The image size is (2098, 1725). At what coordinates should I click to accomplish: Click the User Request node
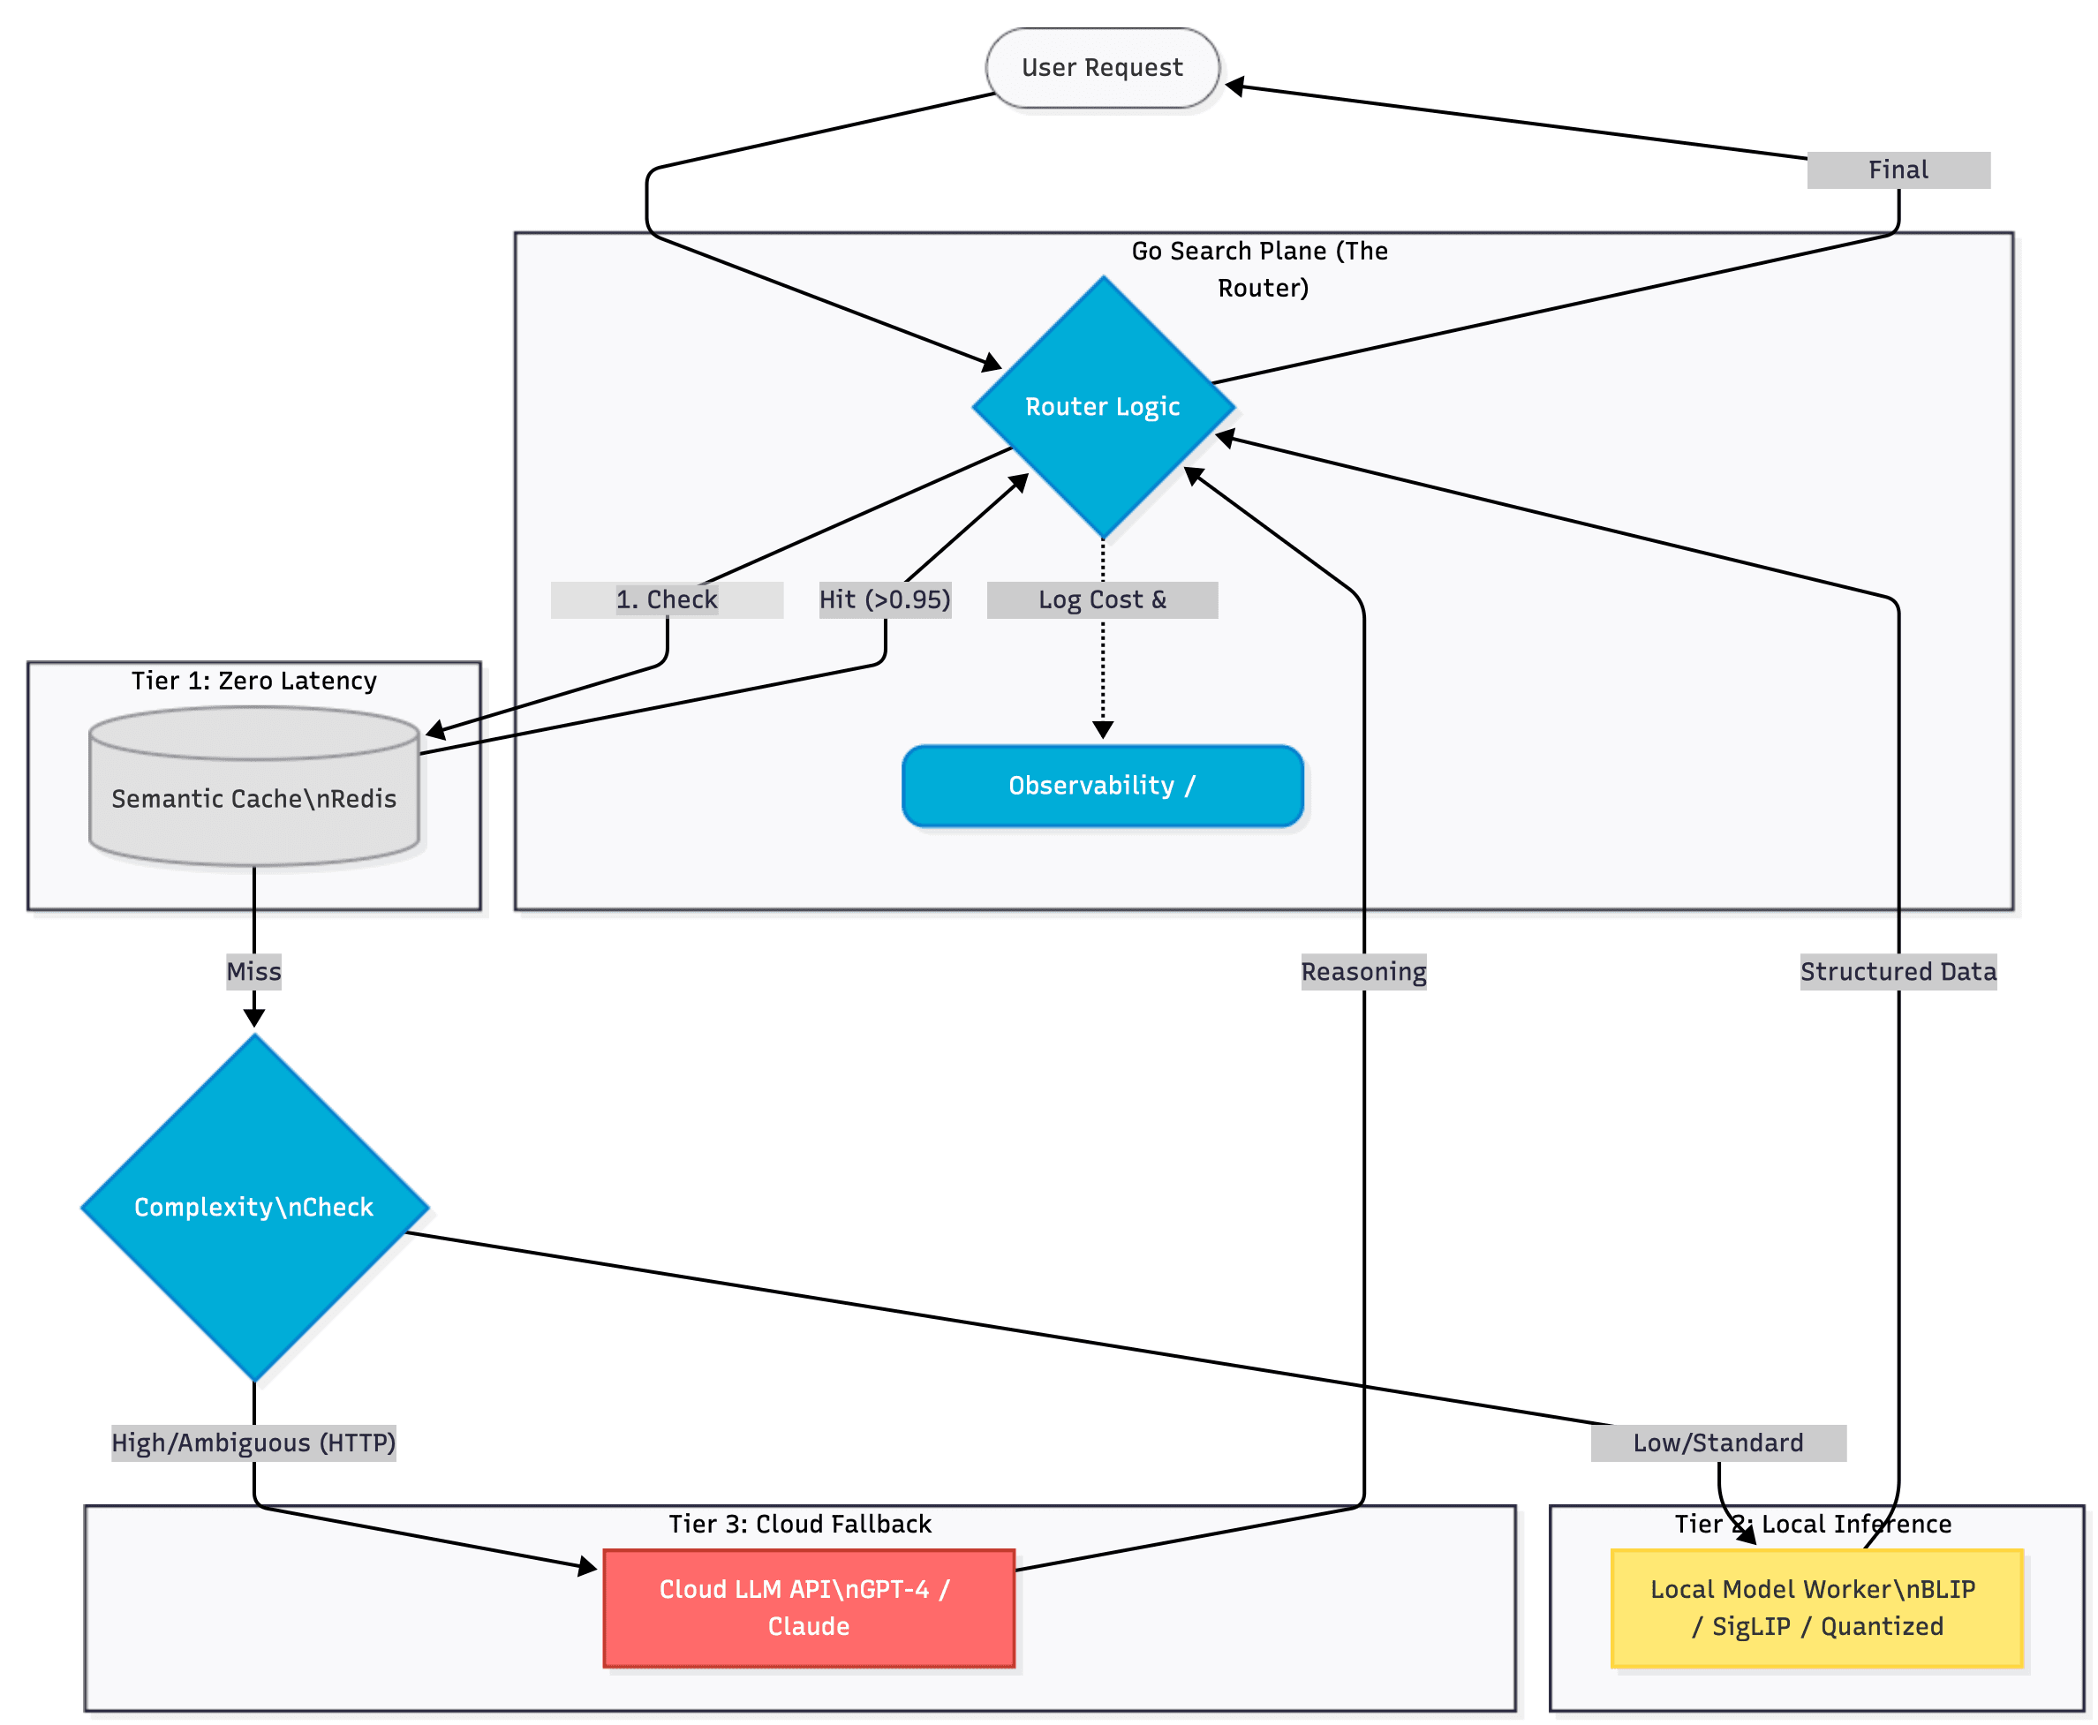[x=1101, y=68]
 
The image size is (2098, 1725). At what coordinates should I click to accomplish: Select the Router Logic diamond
[x=1101, y=406]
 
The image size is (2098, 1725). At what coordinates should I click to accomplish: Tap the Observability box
[x=1101, y=785]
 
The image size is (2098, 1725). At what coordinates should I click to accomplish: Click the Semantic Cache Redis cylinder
[x=253, y=798]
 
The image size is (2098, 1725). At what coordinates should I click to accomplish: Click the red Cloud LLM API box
[x=808, y=1607]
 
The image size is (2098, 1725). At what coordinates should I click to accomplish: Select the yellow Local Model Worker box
[x=1815, y=1607]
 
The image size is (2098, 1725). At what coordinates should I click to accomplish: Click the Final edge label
[x=1897, y=169]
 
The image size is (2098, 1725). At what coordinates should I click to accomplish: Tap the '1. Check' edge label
[x=666, y=599]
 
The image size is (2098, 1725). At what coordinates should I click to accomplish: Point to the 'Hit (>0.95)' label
[x=884, y=599]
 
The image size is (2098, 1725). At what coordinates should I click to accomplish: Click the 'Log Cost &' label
[x=1101, y=599]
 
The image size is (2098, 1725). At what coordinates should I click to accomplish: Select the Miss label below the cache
[x=253, y=971]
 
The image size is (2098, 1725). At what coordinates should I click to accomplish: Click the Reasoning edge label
[x=1362, y=971]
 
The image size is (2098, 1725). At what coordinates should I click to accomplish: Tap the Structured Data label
[x=1897, y=971]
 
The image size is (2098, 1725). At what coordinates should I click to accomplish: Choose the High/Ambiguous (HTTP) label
[x=253, y=1442]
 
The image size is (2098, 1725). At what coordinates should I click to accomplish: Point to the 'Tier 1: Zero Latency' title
[x=253, y=681]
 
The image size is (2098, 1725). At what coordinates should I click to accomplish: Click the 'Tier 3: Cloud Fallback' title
[x=799, y=1524]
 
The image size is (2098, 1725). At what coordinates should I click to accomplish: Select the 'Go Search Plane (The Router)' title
[x=1261, y=268]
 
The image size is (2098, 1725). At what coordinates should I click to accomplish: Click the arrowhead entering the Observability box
[x=1101, y=730]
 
